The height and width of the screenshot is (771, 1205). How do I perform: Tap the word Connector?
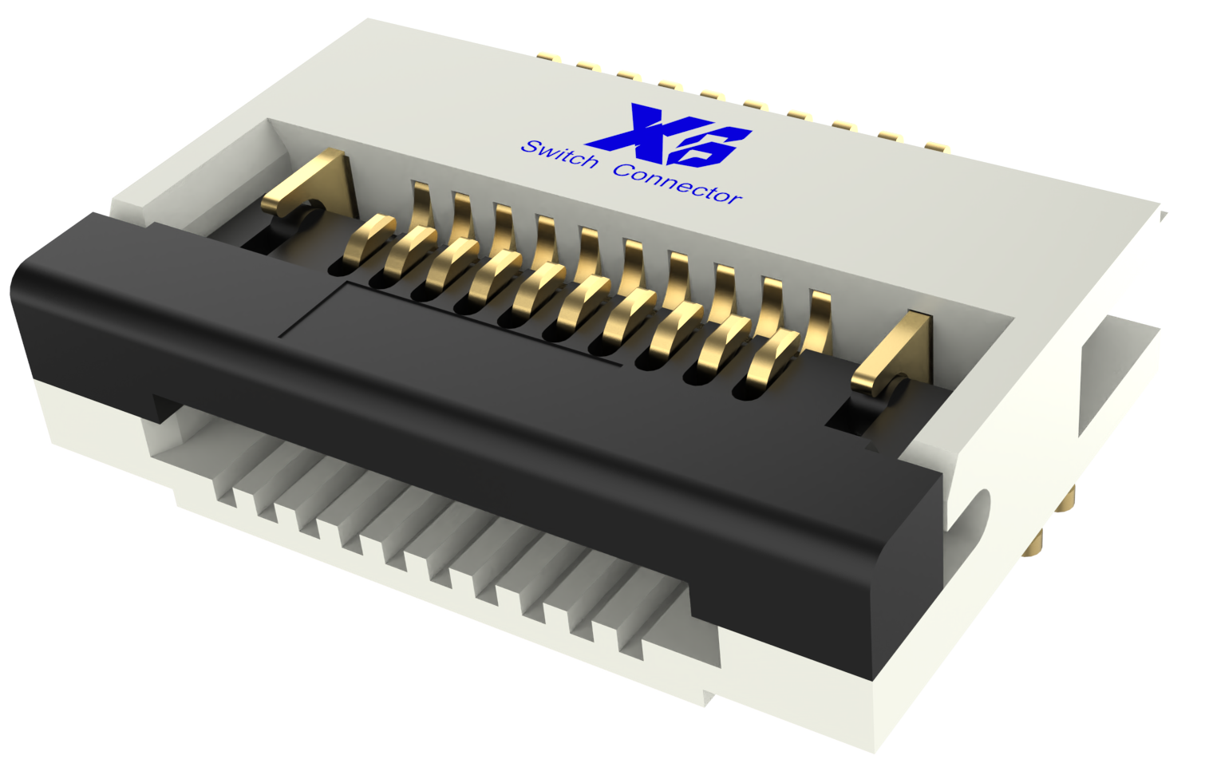click(678, 184)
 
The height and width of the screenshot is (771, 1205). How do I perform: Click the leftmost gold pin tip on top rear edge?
click(546, 57)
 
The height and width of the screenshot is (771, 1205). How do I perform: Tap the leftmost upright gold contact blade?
click(422, 204)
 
